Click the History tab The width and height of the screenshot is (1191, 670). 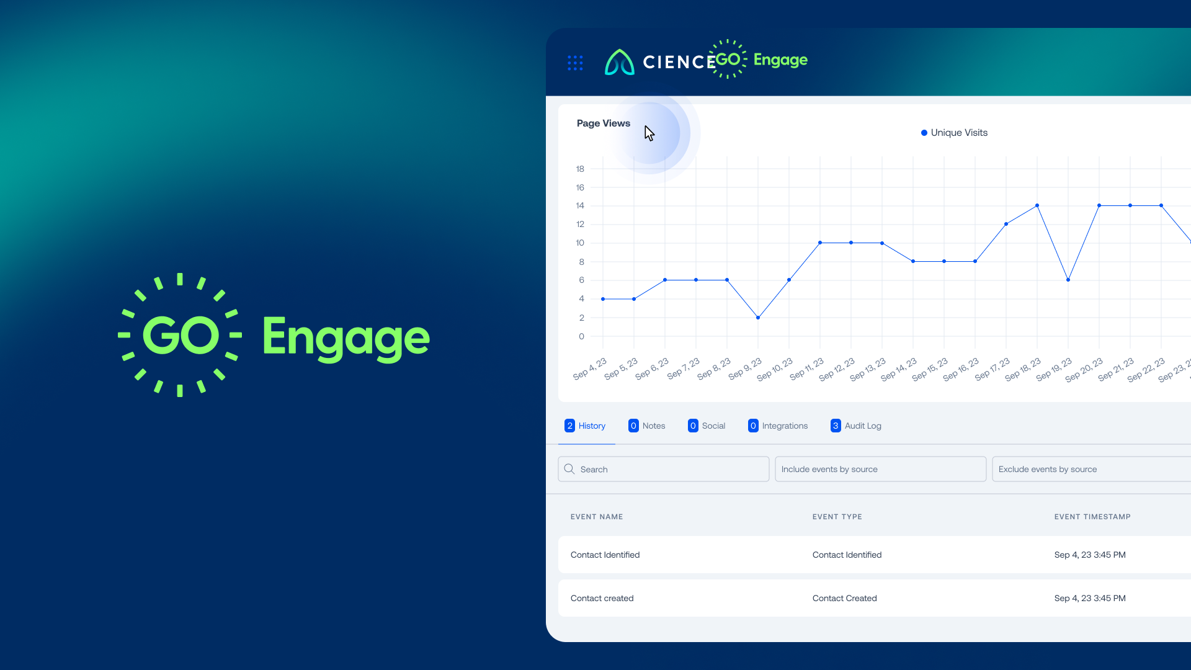586,426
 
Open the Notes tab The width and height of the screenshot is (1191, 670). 647,426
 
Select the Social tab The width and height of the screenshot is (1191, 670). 707,426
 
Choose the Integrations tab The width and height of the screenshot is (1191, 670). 778,426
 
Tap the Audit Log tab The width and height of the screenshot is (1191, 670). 856,426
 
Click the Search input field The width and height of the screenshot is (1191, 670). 664,469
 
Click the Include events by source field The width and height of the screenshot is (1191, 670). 881,469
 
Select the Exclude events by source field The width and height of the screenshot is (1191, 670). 1092,469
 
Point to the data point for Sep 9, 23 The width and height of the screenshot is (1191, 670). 758,318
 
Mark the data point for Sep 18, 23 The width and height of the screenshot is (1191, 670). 1037,205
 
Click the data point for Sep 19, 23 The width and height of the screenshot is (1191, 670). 1068,280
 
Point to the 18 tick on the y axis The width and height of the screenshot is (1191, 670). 580,169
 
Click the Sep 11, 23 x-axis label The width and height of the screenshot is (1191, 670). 807,368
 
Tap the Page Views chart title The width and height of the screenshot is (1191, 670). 603,123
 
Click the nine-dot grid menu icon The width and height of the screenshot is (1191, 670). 575,63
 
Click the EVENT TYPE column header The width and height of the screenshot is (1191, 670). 837,517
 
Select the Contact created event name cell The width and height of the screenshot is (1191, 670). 602,598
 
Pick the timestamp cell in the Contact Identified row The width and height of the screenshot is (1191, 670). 1090,555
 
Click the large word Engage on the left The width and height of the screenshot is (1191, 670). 346,338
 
